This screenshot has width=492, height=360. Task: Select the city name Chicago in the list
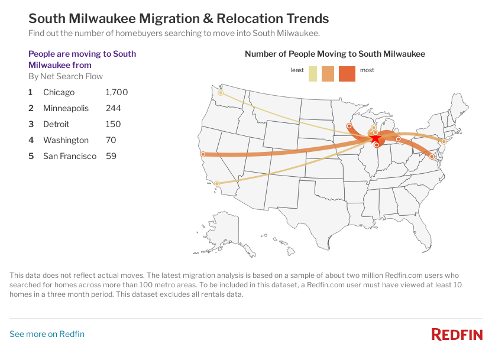(59, 92)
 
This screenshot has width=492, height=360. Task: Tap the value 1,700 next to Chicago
(116, 92)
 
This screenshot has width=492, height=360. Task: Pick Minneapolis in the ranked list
(66, 108)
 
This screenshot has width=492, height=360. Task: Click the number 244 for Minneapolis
(113, 108)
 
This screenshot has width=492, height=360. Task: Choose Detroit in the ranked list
(56, 124)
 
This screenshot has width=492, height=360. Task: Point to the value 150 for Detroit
(113, 124)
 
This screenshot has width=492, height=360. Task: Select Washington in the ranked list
(66, 140)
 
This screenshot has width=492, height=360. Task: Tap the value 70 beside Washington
(111, 140)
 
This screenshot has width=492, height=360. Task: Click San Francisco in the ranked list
(70, 156)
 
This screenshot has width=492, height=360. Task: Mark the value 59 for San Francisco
(111, 156)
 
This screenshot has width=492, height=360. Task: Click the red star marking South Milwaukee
(376, 138)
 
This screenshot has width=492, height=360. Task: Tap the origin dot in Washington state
(221, 93)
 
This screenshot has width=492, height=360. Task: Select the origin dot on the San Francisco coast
(203, 154)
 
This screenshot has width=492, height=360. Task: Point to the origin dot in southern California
(218, 184)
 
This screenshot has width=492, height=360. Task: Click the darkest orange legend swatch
(347, 74)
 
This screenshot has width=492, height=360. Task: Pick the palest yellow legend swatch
(313, 74)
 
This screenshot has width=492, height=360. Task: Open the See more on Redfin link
(47, 334)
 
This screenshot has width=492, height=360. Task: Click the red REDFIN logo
(457, 335)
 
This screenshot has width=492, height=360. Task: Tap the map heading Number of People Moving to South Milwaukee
(335, 54)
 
